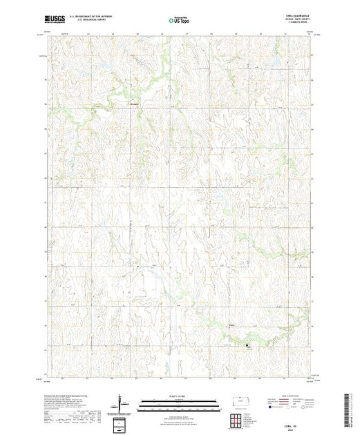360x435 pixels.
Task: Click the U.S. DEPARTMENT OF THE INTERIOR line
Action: click(x=93, y=14)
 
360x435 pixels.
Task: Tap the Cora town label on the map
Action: click(x=232, y=323)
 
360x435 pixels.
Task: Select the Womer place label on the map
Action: click(x=135, y=104)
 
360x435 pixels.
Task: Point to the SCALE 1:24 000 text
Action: click(x=178, y=396)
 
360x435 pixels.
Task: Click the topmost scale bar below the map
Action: click(x=178, y=401)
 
